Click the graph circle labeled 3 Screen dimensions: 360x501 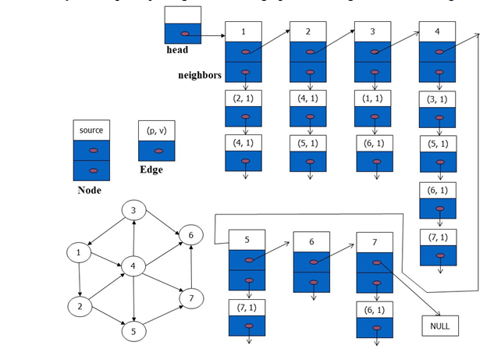pyautogui.click(x=134, y=211)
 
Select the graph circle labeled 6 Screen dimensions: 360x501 pyautogui.click(x=190, y=234)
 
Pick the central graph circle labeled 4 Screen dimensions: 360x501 pyautogui.click(x=134, y=267)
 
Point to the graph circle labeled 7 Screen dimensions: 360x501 pyautogui.click(x=190, y=298)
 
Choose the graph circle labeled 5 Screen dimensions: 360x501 pyautogui.click(x=134, y=331)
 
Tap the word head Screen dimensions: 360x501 pyautogui.click(x=178, y=50)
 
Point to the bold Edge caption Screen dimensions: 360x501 pyautogui.click(x=151, y=169)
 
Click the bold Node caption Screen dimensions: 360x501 pyautogui.click(x=90, y=190)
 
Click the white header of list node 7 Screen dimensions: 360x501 pyautogui.click(x=376, y=241)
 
